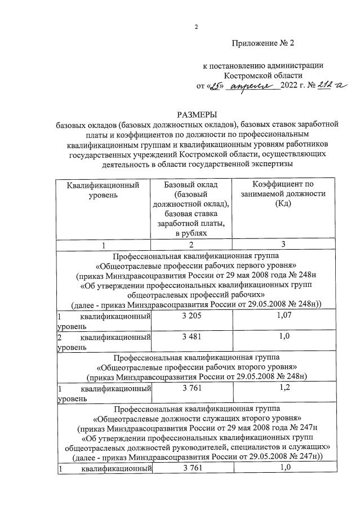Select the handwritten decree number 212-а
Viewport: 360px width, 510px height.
click(332, 86)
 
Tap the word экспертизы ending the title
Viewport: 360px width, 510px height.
click(264, 164)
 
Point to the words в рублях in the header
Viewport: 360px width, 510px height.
click(192, 233)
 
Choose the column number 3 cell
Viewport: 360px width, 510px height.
click(283, 244)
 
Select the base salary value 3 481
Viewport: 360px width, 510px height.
click(192, 336)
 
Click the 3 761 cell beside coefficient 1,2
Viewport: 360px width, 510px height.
click(192, 388)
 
